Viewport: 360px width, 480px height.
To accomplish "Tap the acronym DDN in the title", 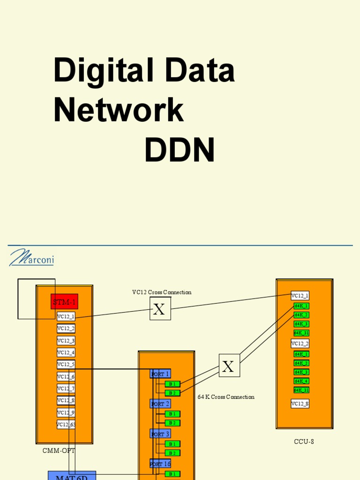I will (180, 151).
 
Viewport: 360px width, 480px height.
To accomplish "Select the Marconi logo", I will (31, 257).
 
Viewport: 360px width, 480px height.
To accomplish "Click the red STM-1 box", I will (64, 301).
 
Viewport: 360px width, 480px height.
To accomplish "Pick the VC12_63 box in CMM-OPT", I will (66, 424).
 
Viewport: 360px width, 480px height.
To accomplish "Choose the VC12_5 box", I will (66, 364).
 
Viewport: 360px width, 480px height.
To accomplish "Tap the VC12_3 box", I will (66, 340).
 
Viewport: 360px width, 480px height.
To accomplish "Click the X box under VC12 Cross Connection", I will (160, 309).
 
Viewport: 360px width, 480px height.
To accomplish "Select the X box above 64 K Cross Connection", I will (229, 366).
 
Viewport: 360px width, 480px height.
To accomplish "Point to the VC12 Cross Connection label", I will (162, 292).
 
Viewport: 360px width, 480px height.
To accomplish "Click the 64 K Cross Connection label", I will (226, 397).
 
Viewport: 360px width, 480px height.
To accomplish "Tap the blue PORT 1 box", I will (160, 374).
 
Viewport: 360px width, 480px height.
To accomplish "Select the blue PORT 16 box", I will (160, 464).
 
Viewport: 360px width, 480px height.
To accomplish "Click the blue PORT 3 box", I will (160, 434).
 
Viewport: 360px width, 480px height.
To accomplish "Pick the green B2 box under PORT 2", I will (172, 423).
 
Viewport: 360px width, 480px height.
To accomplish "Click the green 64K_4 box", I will (301, 381).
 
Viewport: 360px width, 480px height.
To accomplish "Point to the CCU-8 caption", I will (304, 442).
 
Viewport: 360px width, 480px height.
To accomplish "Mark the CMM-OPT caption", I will (59, 450).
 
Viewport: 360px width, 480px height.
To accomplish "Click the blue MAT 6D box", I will (72, 476).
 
